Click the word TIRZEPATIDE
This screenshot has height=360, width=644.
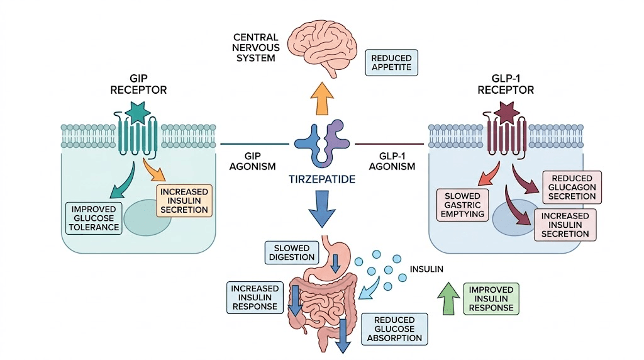322,179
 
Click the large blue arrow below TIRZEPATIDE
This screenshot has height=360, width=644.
322,209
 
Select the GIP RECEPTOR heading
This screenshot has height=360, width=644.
138,84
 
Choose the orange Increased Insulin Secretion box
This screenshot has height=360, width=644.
185,200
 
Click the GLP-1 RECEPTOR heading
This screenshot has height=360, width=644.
505,84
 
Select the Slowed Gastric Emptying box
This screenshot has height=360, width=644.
464,205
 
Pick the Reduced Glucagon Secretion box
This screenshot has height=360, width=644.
571,187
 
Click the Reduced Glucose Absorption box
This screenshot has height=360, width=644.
394,329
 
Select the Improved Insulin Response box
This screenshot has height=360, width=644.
492,298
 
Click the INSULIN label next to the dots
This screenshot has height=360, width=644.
426,269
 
